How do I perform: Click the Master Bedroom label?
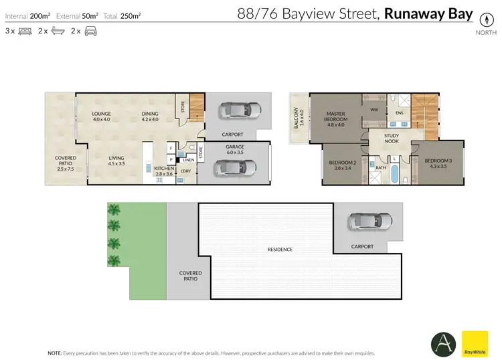point(335,118)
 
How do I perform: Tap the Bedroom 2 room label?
point(341,165)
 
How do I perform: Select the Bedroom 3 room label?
point(438,163)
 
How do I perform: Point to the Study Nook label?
point(392,139)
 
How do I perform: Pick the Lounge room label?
point(101,116)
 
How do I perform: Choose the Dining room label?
point(150,116)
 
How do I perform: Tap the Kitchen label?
point(164,171)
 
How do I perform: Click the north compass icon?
point(482,19)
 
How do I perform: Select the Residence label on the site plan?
point(280,250)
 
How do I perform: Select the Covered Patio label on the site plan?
point(190,276)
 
